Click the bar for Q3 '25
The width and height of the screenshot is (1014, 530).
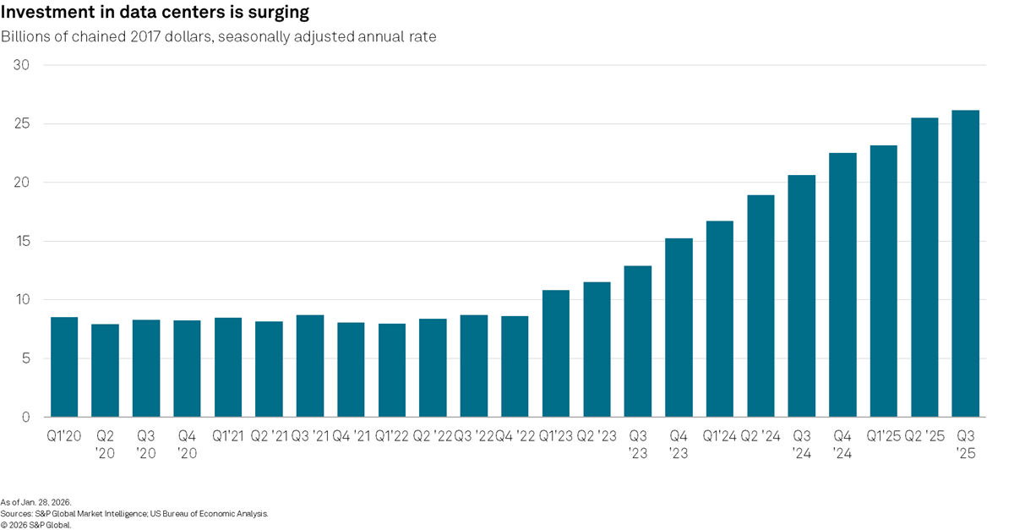(965, 264)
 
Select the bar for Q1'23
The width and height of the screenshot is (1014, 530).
(556, 353)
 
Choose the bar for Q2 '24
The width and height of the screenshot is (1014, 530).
(760, 306)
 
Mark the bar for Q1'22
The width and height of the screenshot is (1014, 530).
(392, 370)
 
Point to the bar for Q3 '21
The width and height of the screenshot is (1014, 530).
(310, 366)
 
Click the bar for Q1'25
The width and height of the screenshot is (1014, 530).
(883, 281)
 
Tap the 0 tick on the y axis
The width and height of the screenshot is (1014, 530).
(26, 417)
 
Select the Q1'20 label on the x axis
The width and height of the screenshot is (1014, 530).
(64, 436)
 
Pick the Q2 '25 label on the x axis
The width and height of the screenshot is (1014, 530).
(924, 436)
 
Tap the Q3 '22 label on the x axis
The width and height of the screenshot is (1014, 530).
(473, 436)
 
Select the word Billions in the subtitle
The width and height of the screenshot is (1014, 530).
(27, 37)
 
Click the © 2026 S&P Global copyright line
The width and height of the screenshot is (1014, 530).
(36, 524)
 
